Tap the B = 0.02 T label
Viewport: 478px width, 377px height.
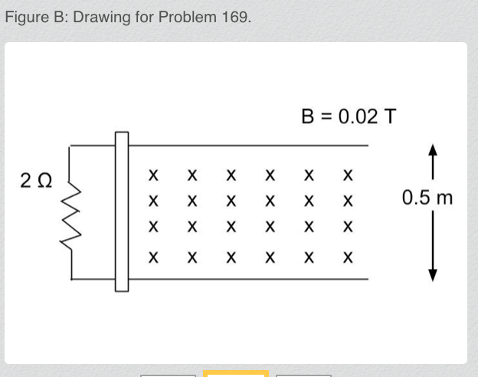[x=349, y=116]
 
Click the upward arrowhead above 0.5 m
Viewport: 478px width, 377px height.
[x=433, y=151]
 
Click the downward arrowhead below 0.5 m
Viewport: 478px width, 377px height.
[x=433, y=275]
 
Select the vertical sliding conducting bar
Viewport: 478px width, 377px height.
[x=122, y=211]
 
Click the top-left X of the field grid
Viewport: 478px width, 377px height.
[x=153, y=175]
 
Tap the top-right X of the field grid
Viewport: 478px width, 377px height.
[x=348, y=175]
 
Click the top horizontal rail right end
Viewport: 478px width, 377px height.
[x=367, y=144]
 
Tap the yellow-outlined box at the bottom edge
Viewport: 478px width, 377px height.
[x=236, y=374]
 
